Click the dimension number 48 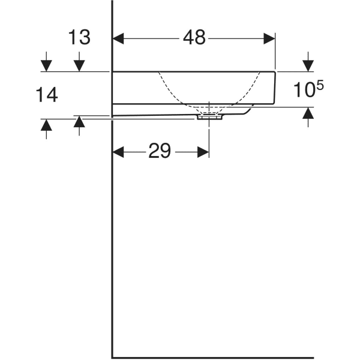pos(194,38)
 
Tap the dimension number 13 pos(79,38)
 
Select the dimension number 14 pos(46,94)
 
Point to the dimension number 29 pos(160,152)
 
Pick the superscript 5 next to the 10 pos(320,86)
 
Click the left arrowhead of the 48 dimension pos(118,38)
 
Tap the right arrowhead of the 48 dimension pos(270,38)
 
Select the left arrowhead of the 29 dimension pos(118,152)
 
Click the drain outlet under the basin pos(209,117)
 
